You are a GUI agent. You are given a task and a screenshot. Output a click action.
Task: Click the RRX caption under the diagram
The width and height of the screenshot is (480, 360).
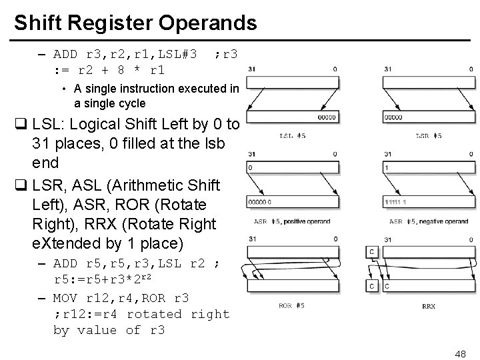tap(429, 307)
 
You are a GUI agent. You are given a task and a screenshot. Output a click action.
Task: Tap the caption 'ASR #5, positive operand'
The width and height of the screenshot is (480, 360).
tap(292, 221)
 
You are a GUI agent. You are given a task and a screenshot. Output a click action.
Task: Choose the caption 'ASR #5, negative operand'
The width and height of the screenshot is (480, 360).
tap(428, 221)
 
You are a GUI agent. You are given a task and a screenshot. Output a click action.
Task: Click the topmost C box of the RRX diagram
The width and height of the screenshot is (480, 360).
tap(372, 252)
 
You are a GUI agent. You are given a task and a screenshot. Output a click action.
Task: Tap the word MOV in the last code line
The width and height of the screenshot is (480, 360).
tap(65, 297)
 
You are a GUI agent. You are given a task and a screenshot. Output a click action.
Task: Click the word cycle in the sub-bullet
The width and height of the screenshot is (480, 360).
tap(129, 103)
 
